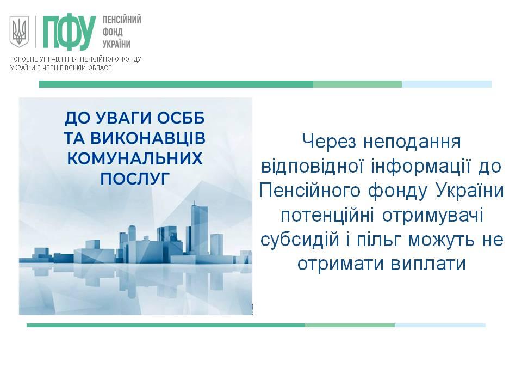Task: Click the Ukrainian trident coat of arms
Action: click(20, 32)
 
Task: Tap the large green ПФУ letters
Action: click(69, 32)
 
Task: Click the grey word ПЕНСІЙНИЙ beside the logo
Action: click(122, 20)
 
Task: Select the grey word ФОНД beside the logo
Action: click(113, 32)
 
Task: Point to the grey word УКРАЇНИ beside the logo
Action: click(116, 44)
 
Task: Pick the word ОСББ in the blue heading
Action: click(181, 118)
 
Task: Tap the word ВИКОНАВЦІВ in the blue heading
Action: click(147, 138)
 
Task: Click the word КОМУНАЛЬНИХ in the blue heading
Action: click(135, 158)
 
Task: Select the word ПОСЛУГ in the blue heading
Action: click(135, 179)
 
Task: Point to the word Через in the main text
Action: click(329, 142)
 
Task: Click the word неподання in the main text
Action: click(412, 142)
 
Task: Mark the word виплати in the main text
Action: click(428, 264)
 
